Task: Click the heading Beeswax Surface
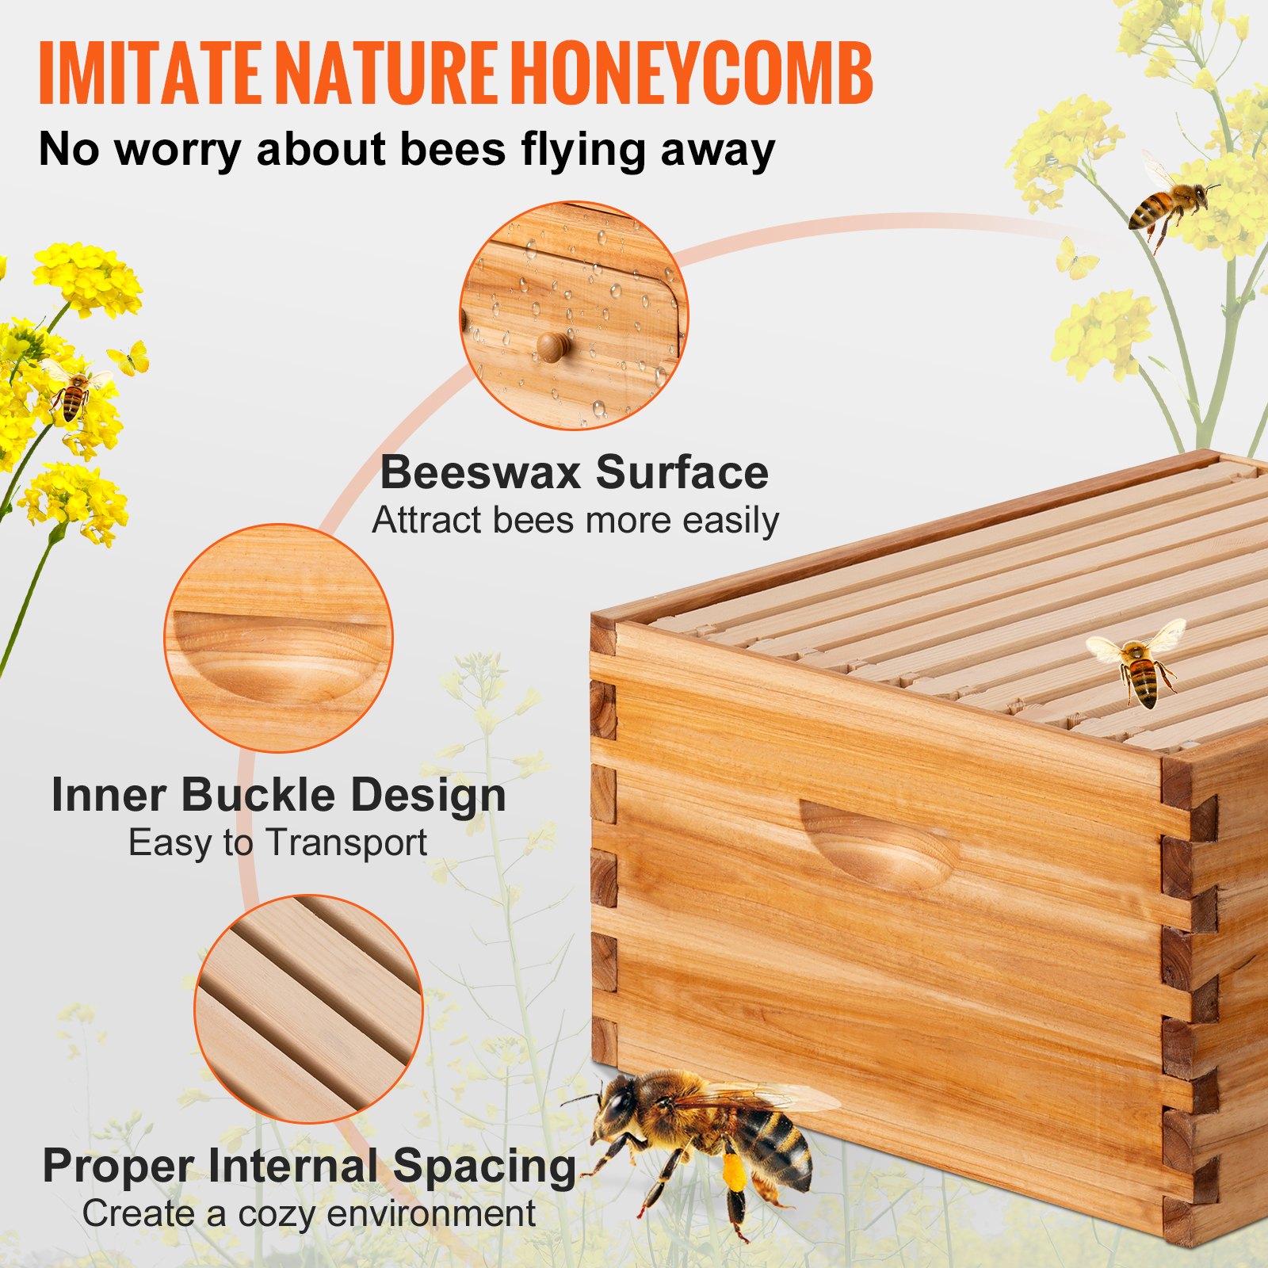(x=575, y=472)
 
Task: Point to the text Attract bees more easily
(x=575, y=521)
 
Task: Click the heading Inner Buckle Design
(x=278, y=795)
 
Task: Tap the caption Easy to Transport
(x=277, y=842)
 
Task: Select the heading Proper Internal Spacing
(x=309, y=1166)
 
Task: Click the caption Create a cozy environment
(x=309, y=1213)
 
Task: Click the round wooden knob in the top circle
(x=553, y=346)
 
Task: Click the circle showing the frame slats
(x=309, y=1008)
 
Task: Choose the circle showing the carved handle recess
(x=278, y=638)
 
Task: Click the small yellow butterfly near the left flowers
(x=131, y=359)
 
